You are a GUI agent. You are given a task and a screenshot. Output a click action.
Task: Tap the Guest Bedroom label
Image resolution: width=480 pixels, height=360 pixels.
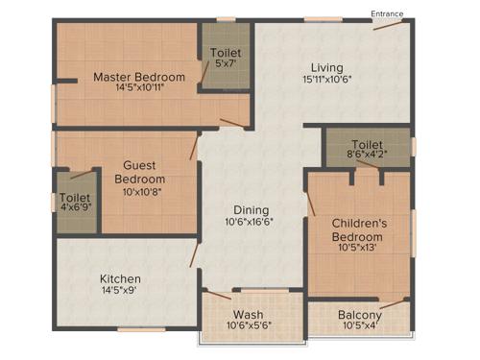(140, 172)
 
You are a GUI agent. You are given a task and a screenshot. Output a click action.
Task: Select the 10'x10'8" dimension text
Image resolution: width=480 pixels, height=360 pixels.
(140, 192)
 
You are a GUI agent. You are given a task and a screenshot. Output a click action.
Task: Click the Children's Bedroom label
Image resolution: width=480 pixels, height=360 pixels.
(358, 230)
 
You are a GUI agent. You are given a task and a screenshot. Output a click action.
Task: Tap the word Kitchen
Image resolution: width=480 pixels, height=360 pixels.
(121, 278)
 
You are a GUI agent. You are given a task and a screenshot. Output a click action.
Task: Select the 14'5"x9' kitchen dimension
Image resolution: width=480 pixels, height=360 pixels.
(121, 292)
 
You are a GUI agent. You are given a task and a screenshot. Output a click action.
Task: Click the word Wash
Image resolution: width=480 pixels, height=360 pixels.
(249, 314)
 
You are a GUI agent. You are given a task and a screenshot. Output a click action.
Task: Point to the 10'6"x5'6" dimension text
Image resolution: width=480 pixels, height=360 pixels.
(249, 326)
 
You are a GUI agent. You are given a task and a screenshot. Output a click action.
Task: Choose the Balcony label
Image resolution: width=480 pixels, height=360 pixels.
(360, 315)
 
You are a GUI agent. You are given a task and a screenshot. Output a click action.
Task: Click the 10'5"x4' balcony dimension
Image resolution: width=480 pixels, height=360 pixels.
(360, 327)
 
